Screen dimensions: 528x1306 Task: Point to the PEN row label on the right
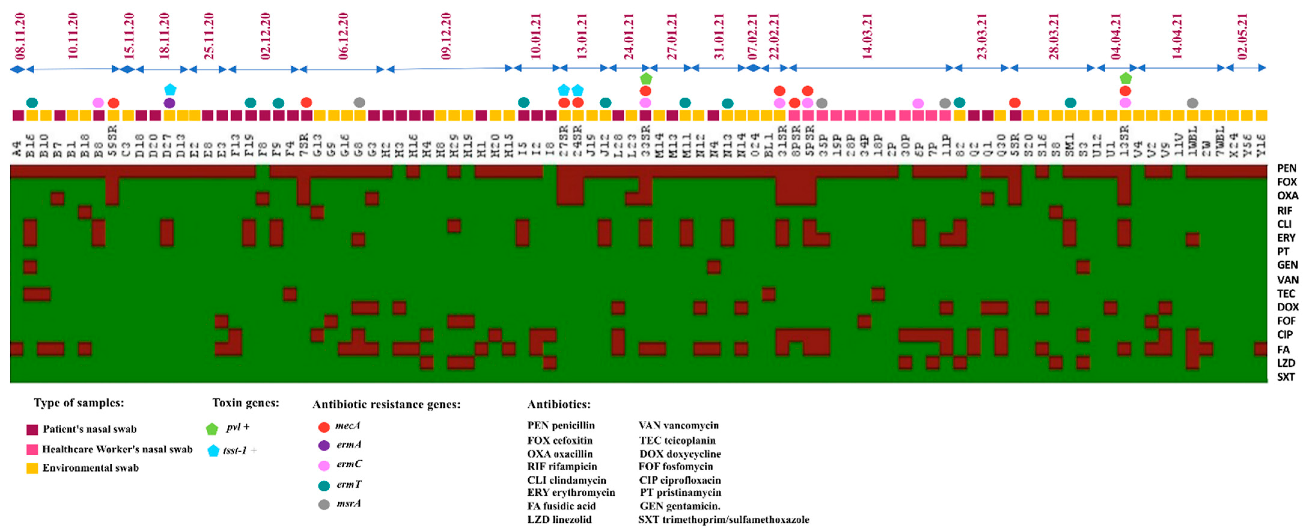click(1286, 168)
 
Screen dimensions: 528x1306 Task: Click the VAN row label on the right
click(1287, 280)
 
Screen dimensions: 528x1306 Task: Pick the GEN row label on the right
click(1287, 265)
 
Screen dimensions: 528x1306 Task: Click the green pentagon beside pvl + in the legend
click(212, 429)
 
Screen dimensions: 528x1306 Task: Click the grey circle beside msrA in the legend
click(324, 505)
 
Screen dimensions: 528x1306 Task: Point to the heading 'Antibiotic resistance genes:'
click(386, 404)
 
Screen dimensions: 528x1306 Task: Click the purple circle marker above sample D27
click(169, 103)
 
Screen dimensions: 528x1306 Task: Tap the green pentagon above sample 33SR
click(645, 79)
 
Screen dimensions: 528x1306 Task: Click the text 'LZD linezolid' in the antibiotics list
click(559, 519)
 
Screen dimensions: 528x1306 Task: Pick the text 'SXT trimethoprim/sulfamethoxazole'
click(723, 519)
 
